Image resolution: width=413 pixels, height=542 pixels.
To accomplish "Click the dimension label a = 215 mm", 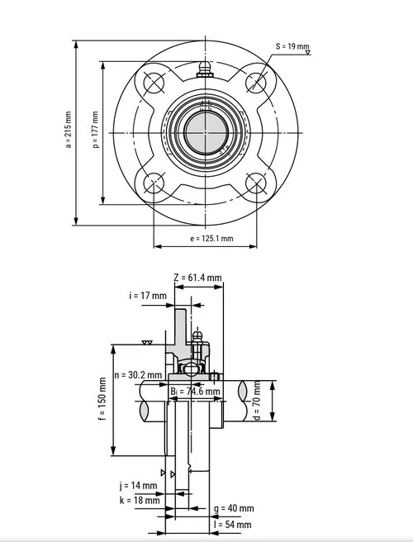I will [x=69, y=131].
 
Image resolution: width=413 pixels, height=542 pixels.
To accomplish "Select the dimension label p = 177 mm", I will [x=96, y=131].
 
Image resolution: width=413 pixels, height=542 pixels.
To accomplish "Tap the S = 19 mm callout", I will [x=292, y=46].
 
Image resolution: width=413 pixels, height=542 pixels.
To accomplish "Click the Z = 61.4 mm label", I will [x=198, y=278].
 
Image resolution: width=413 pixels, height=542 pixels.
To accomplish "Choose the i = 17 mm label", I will [x=148, y=295].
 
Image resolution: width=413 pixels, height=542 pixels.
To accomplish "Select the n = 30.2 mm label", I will [x=139, y=374].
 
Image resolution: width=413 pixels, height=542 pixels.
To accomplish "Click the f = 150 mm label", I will [x=102, y=399].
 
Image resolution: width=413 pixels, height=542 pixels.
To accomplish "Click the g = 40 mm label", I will [x=233, y=508].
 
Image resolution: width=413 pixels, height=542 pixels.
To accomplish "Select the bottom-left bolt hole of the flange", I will [x=154, y=184].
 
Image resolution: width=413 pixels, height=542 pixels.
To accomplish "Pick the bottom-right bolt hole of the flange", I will [x=257, y=184].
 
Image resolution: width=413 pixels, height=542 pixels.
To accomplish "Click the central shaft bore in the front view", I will [x=205, y=132].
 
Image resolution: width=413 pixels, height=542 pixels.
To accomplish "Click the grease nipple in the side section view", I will [x=197, y=338].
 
